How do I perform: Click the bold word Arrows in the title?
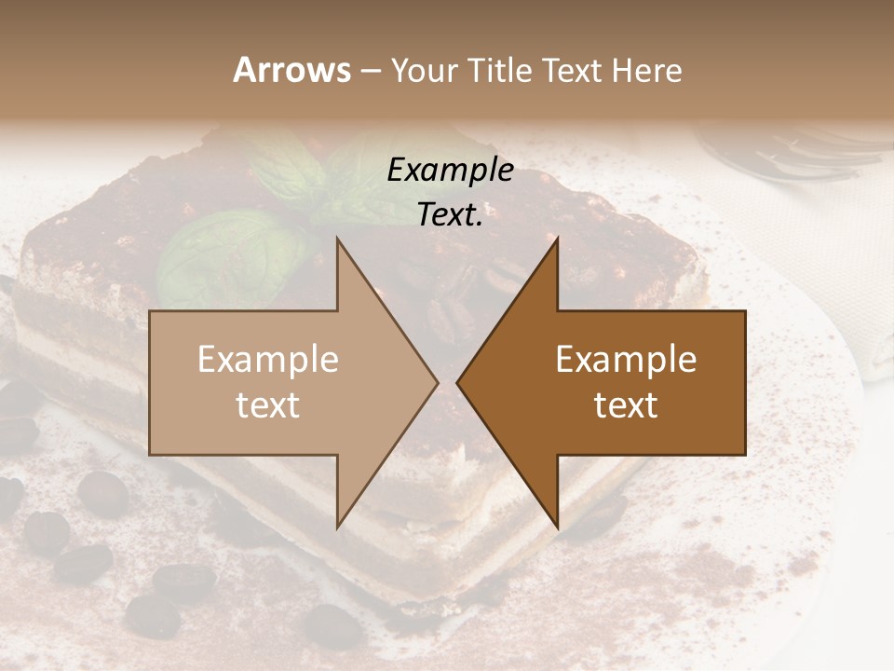291,70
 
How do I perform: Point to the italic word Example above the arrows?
450,171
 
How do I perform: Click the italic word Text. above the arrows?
450,214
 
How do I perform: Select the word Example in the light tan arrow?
268,360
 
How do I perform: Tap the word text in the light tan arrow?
268,405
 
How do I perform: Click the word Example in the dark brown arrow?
626,360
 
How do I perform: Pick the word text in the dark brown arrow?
626,405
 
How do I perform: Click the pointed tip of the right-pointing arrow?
438,382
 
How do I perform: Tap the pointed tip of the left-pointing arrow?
457,382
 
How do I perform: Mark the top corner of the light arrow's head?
337,239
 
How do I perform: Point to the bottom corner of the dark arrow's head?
558,527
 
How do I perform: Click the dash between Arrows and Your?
370,71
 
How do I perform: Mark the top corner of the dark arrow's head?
558,239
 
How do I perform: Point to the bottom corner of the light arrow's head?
337,527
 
